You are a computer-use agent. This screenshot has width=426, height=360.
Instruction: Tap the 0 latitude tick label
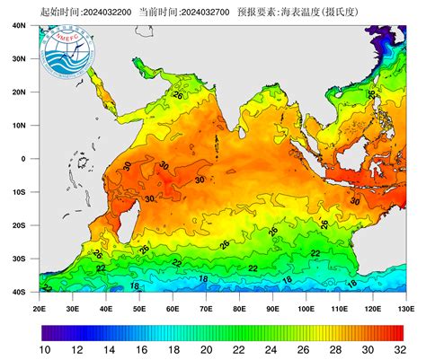[x=25, y=158]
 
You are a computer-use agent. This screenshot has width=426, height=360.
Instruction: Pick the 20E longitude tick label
[x=40, y=308]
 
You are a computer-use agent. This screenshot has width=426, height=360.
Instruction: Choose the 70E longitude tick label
[x=206, y=308]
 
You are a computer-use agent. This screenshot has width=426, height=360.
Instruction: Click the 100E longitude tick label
[x=306, y=308]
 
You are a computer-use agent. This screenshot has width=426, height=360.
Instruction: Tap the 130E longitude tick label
[x=405, y=308]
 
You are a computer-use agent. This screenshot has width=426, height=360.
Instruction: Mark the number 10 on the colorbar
[x=42, y=350]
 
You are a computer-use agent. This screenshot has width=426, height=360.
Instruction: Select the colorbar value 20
[x=207, y=350]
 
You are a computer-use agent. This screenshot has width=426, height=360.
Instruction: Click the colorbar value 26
[x=306, y=350]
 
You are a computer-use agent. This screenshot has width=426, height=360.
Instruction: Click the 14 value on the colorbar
[x=108, y=350]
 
